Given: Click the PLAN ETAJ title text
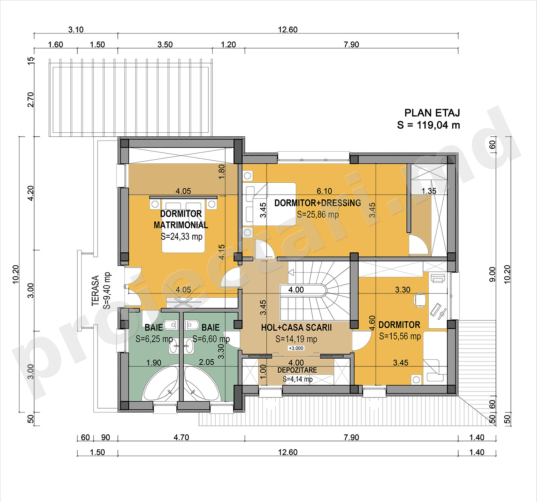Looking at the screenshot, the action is pyautogui.click(x=432, y=113).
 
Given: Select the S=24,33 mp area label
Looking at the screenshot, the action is pyautogui.click(x=182, y=237).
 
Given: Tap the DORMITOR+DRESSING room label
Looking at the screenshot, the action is pyautogui.click(x=317, y=203).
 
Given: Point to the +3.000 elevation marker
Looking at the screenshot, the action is pyautogui.click(x=296, y=348).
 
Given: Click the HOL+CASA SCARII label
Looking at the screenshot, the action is pyautogui.click(x=296, y=328).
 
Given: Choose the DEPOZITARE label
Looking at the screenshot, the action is pyautogui.click(x=297, y=370).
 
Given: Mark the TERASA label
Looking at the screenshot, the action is pyautogui.click(x=95, y=291).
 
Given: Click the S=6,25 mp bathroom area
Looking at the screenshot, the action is pyautogui.click(x=154, y=339).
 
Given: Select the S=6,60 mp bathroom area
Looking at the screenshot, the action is pyautogui.click(x=211, y=339).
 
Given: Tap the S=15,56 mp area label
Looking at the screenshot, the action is pyautogui.click(x=400, y=336).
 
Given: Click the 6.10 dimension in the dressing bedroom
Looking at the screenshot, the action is pyautogui.click(x=324, y=191).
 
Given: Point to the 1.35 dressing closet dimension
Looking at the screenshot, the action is pyautogui.click(x=429, y=191).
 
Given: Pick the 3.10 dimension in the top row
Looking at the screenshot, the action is pyautogui.click(x=76, y=30).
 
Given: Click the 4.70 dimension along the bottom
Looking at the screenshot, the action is pyautogui.click(x=181, y=437).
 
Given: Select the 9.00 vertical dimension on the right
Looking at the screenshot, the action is pyautogui.click(x=492, y=274).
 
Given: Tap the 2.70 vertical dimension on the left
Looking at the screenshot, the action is pyautogui.click(x=31, y=99).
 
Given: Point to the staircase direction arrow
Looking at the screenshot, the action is pyautogui.click(x=291, y=272).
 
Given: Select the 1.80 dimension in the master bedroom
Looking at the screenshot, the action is pyautogui.click(x=222, y=172).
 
